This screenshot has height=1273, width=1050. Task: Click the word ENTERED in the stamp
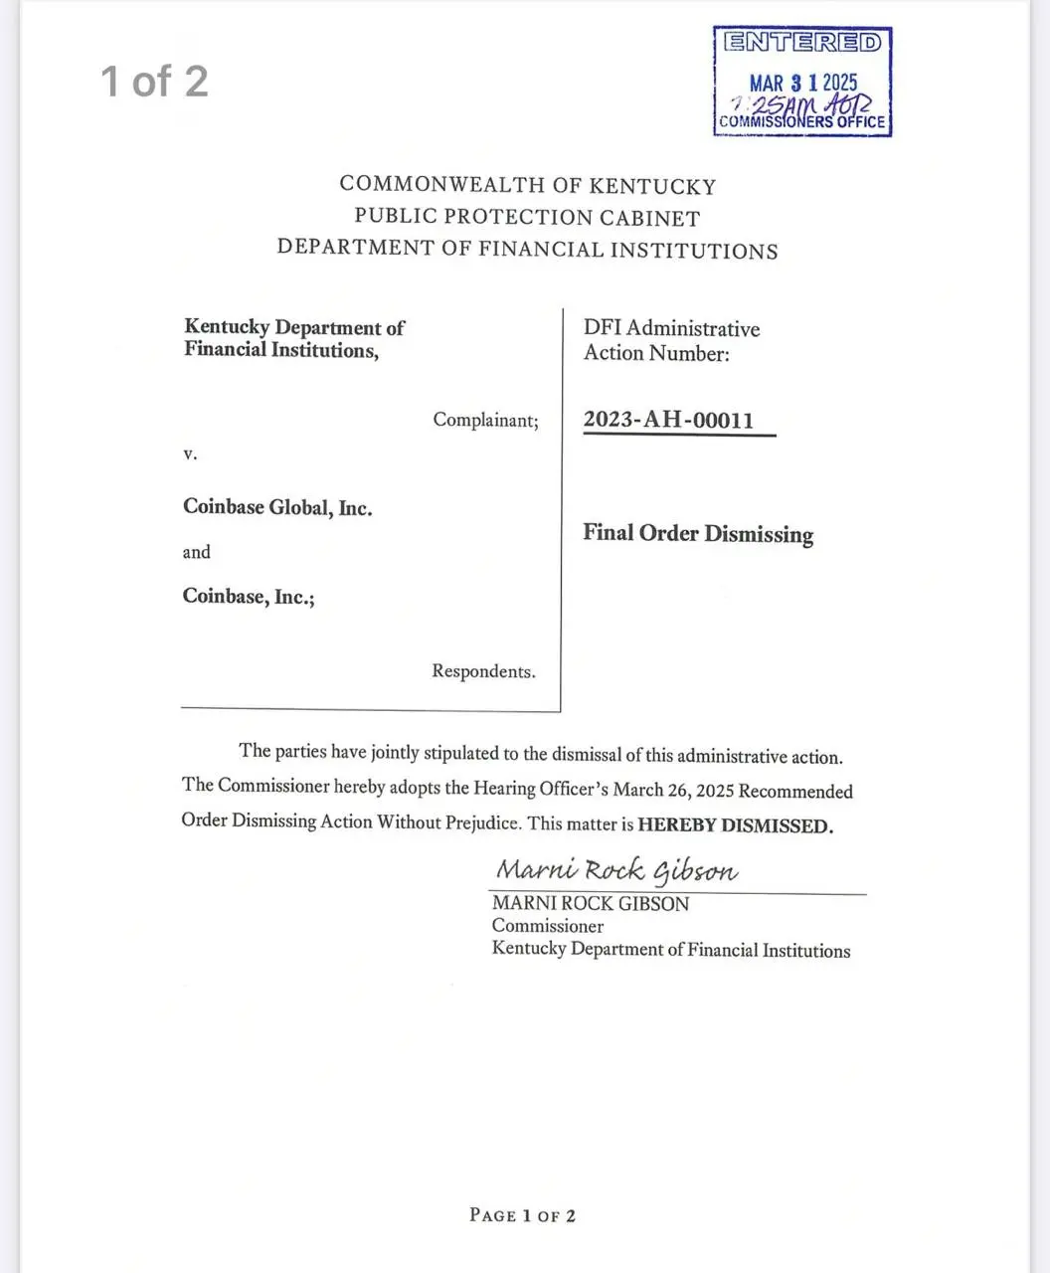tap(801, 43)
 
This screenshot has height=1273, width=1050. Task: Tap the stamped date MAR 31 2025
tap(802, 84)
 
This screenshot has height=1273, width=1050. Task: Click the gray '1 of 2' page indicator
tap(154, 81)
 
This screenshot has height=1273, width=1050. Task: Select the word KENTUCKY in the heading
tap(652, 186)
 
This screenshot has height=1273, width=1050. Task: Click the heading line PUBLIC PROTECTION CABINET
tap(527, 217)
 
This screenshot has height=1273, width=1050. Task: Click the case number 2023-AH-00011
tap(668, 420)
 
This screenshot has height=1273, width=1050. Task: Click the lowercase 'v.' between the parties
tap(190, 454)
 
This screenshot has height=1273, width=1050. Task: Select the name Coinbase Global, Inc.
tap(277, 507)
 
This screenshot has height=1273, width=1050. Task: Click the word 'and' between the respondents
tap(196, 552)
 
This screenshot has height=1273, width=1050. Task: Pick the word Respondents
tap(483, 671)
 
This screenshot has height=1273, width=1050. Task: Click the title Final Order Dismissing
tap(698, 534)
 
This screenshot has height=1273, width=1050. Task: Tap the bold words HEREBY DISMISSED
tap(735, 825)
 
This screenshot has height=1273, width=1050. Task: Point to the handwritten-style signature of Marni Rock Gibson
tap(616, 871)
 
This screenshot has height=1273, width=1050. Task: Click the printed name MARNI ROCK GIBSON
tap(591, 904)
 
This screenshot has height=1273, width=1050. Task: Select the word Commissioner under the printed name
tap(548, 926)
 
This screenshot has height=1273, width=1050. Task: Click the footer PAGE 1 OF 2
tap(522, 1215)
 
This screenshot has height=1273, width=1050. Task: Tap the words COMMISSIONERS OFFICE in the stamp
tap(801, 122)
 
